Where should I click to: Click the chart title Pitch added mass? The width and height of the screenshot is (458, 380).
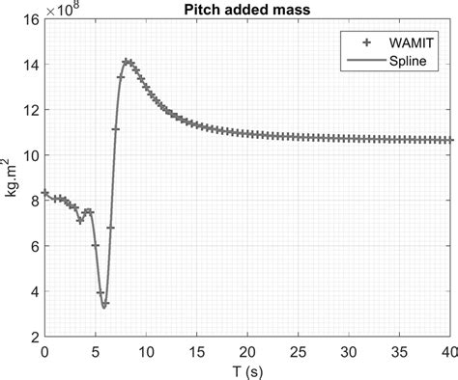[x=248, y=9]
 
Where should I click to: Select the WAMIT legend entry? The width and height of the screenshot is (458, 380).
[x=411, y=41]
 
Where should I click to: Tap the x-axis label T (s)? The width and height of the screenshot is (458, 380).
[x=248, y=370]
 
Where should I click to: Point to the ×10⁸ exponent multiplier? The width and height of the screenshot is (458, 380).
[x=67, y=10]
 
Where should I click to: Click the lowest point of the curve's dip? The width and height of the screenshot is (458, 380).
[x=104, y=307]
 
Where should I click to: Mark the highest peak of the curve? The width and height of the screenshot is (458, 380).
[x=127, y=62]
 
